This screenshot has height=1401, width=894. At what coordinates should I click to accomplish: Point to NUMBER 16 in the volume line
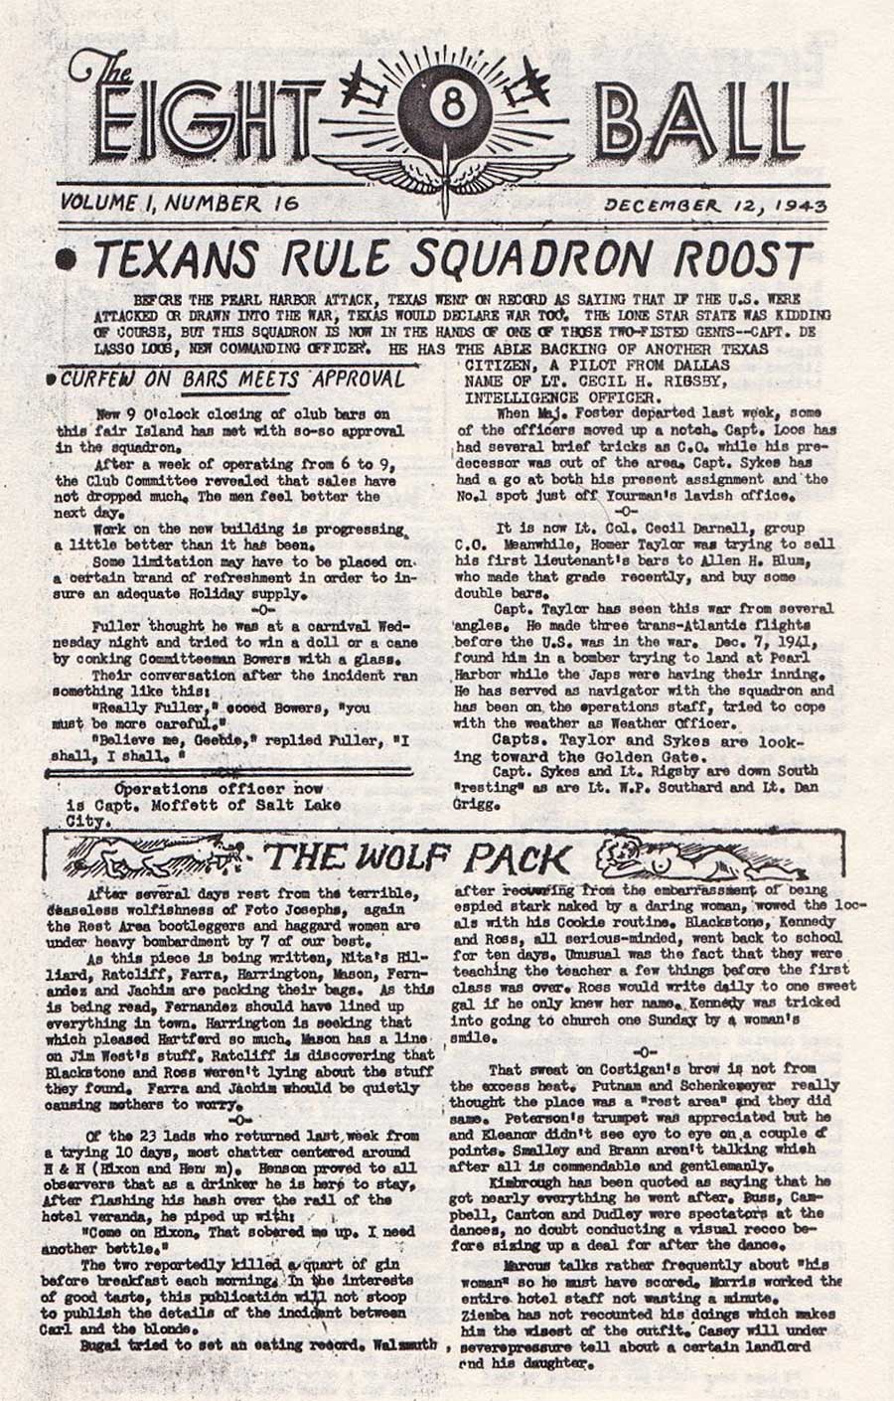(x=232, y=203)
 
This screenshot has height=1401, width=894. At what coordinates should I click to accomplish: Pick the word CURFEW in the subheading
(x=100, y=380)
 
